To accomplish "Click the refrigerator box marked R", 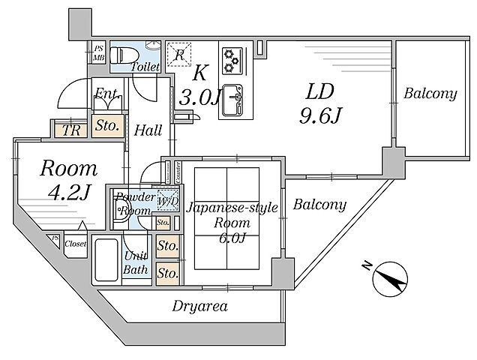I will coord(179,52).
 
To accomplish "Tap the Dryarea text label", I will coord(199,306).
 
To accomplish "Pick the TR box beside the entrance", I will coord(72,128).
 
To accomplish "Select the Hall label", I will coord(148,130).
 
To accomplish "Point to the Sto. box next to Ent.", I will coord(107,126).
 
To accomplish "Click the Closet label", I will coord(75,244).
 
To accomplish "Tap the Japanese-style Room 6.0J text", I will coord(231,222).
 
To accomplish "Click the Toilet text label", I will coord(144,67).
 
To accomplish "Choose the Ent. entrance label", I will coord(105,94).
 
